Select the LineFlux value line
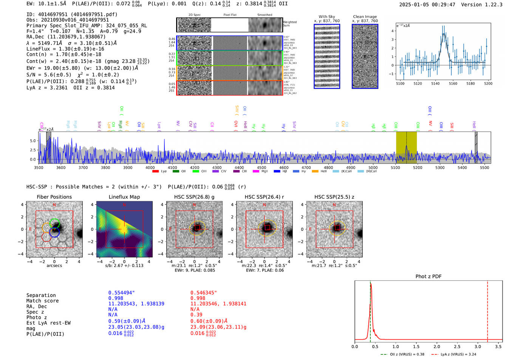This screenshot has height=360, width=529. (65, 49)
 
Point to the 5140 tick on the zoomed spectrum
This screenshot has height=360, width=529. (435, 83)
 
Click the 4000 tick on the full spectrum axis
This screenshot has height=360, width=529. (150, 167)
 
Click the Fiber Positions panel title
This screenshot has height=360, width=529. (54, 197)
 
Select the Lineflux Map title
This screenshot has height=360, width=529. (124, 197)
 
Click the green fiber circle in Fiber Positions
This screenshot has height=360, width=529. (55, 223)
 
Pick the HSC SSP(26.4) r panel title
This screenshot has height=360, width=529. (264, 197)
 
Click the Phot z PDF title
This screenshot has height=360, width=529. (428, 277)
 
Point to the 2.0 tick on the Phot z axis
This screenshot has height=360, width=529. (436, 346)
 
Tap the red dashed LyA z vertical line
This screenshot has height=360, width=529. (487, 310)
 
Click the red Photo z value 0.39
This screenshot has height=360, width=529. (196, 315)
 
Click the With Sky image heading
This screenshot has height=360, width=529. (326, 17)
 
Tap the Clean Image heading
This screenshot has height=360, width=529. (365, 17)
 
